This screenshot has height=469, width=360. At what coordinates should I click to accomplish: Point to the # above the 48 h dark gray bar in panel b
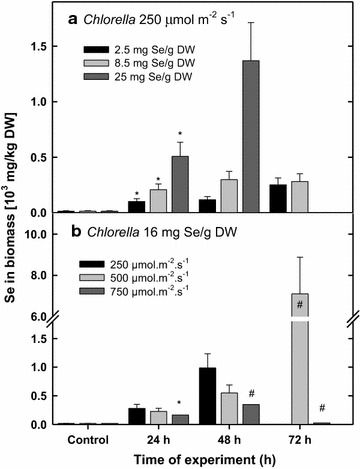point(226,393)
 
